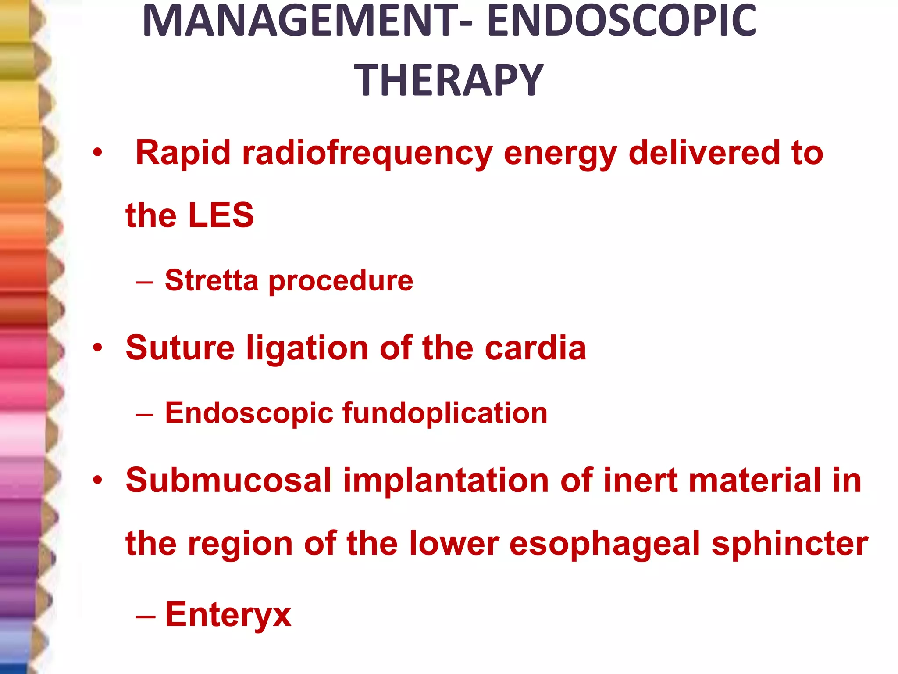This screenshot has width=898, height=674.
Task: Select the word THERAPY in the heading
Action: tap(449, 80)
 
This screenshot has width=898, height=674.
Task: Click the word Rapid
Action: tap(183, 153)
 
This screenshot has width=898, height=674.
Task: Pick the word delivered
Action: tap(704, 153)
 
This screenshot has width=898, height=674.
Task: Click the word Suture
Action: tap(180, 348)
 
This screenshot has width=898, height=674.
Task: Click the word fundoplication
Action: tap(445, 413)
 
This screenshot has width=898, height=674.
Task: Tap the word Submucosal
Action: tap(228, 480)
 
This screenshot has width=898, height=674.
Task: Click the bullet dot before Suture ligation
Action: tap(97, 348)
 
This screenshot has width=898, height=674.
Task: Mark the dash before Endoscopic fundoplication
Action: tap(145, 413)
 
